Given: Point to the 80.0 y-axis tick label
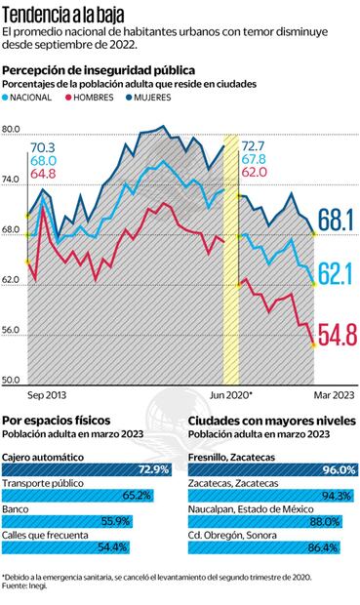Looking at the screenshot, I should (x=12, y=129).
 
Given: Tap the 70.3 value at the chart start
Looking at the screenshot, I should (x=43, y=147).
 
